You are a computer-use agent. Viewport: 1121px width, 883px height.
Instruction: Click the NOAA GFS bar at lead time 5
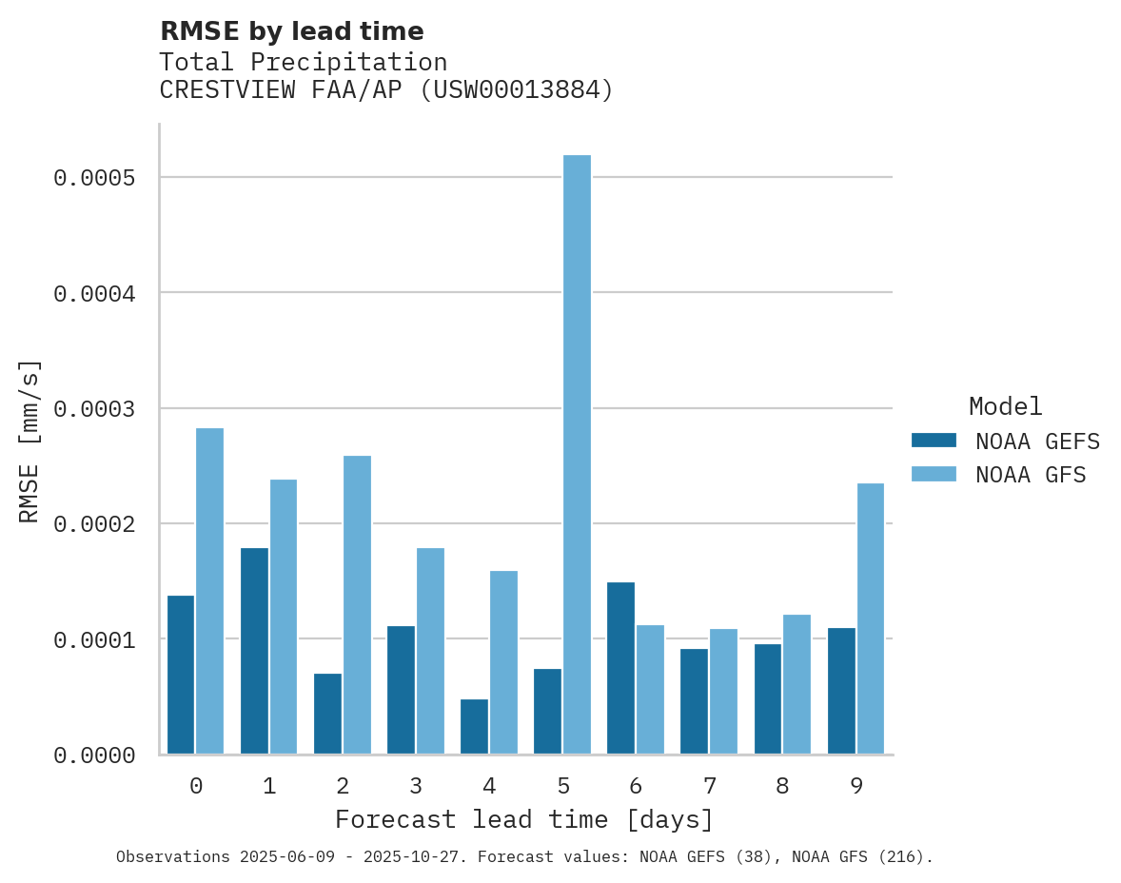pos(577,455)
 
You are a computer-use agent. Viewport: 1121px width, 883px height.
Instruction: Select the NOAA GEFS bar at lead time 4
pos(474,727)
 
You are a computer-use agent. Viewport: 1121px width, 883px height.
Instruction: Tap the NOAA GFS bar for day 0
pos(209,591)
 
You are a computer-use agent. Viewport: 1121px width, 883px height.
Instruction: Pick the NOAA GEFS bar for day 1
pos(254,651)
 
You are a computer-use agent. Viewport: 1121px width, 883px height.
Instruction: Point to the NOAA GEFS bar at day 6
pos(620,668)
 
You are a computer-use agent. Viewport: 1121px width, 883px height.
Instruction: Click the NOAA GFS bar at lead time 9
pos(870,618)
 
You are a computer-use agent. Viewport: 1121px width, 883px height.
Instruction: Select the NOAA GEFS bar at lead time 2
pos(327,714)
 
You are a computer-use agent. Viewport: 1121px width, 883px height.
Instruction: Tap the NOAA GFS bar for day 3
pos(430,651)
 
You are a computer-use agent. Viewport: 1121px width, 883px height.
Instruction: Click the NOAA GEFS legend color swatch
pos(933,441)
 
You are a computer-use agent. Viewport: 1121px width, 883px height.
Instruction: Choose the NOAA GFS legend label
pos(1030,475)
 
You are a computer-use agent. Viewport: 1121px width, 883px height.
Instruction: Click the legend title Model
pos(1005,406)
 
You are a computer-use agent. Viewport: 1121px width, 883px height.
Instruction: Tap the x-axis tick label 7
pos(709,786)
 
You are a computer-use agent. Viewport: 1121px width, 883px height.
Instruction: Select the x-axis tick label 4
pos(489,786)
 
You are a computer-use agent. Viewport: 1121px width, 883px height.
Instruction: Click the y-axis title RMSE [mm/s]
pos(29,441)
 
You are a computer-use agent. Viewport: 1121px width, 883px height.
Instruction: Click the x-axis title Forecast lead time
pos(523,819)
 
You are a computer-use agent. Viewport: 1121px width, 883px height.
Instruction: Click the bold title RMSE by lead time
pos(291,31)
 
